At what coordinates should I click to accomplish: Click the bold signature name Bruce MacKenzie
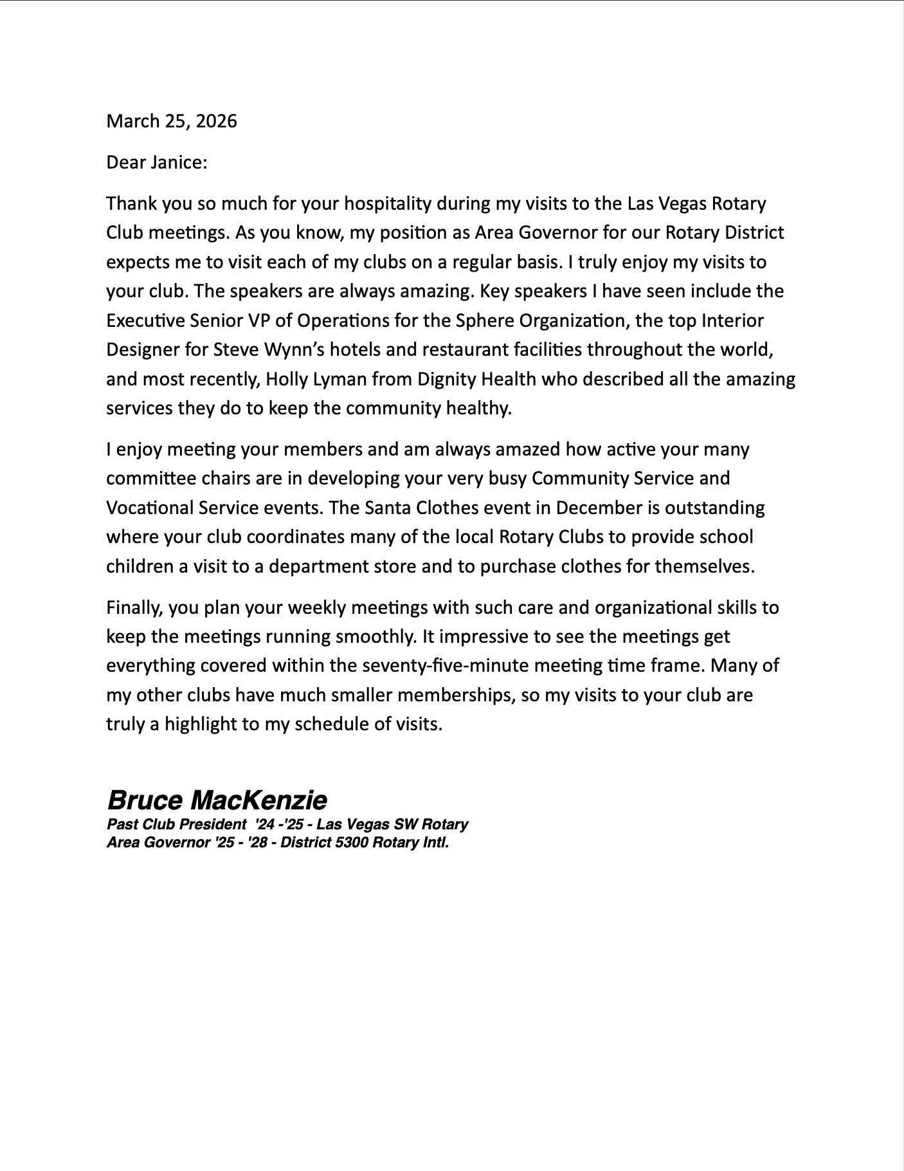pyautogui.click(x=217, y=800)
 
